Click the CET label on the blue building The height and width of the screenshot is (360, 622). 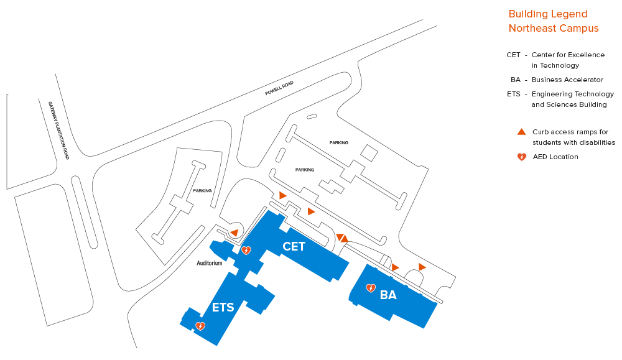pyautogui.click(x=294, y=246)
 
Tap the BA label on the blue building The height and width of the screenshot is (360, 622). pyautogui.click(x=388, y=295)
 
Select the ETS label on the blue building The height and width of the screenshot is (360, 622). pyautogui.click(x=223, y=307)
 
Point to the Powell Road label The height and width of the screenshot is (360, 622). pyautogui.click(x=279, y=88)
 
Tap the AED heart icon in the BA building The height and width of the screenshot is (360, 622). pyautogui.click(x=370, y=288)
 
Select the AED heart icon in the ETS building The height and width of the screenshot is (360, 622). pyautogui.click(x=200, y=326)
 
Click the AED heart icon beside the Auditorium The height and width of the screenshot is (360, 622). pyautogui.click(x=246, y=251)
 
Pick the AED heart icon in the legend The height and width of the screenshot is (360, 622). pyautogui.click(x=522, y=157)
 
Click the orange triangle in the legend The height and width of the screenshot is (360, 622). pyautogui.click(x=522, y=132)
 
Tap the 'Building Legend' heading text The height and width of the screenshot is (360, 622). pyautogui.click(x=548, y=14)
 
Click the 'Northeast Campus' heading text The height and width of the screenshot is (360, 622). pyautogui.click(x=554, y=29)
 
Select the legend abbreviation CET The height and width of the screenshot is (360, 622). pyautogui.click(x=513, y=55)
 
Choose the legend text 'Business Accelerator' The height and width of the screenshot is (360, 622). pyautogui.click(x=567, y=80)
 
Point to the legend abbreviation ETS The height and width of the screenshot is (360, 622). pyautogui.click(x=514, y=94)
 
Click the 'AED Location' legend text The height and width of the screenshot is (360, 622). pyautogui.click(x=555, y=157)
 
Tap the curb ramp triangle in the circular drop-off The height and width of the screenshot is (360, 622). pyautogui.click(x=234, y=232)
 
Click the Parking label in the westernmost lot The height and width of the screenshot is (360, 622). pyautogui.click(x=202, y=191)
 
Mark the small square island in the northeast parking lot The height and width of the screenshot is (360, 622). pyautogui.click(x=368, y=152)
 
